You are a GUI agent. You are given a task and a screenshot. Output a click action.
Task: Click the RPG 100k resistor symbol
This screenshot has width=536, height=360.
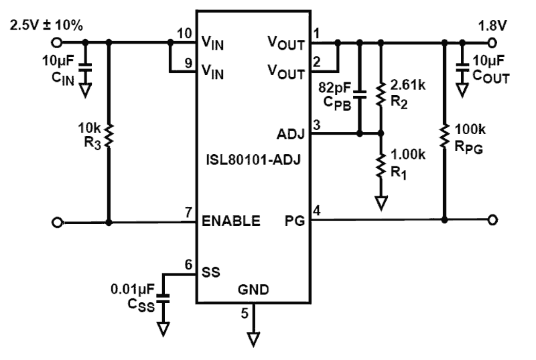pos(444,136)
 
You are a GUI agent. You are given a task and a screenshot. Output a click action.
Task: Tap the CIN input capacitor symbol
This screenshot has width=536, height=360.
pos(85,68)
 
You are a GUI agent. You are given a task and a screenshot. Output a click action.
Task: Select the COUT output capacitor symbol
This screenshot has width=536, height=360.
pos(461,67)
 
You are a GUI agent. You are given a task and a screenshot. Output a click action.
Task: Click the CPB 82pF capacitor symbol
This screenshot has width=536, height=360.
pos(359,94)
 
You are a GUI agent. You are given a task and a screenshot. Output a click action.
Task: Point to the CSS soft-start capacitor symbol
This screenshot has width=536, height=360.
pos(162,298)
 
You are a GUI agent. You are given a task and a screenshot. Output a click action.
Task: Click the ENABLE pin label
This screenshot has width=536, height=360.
pos(231,221)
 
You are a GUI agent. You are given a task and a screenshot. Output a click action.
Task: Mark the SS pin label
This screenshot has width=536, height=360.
pos(211,272)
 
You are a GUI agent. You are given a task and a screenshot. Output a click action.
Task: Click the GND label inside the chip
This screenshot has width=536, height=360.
pos(253,290)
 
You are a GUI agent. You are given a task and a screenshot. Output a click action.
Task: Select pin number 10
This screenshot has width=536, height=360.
pos(184,33)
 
